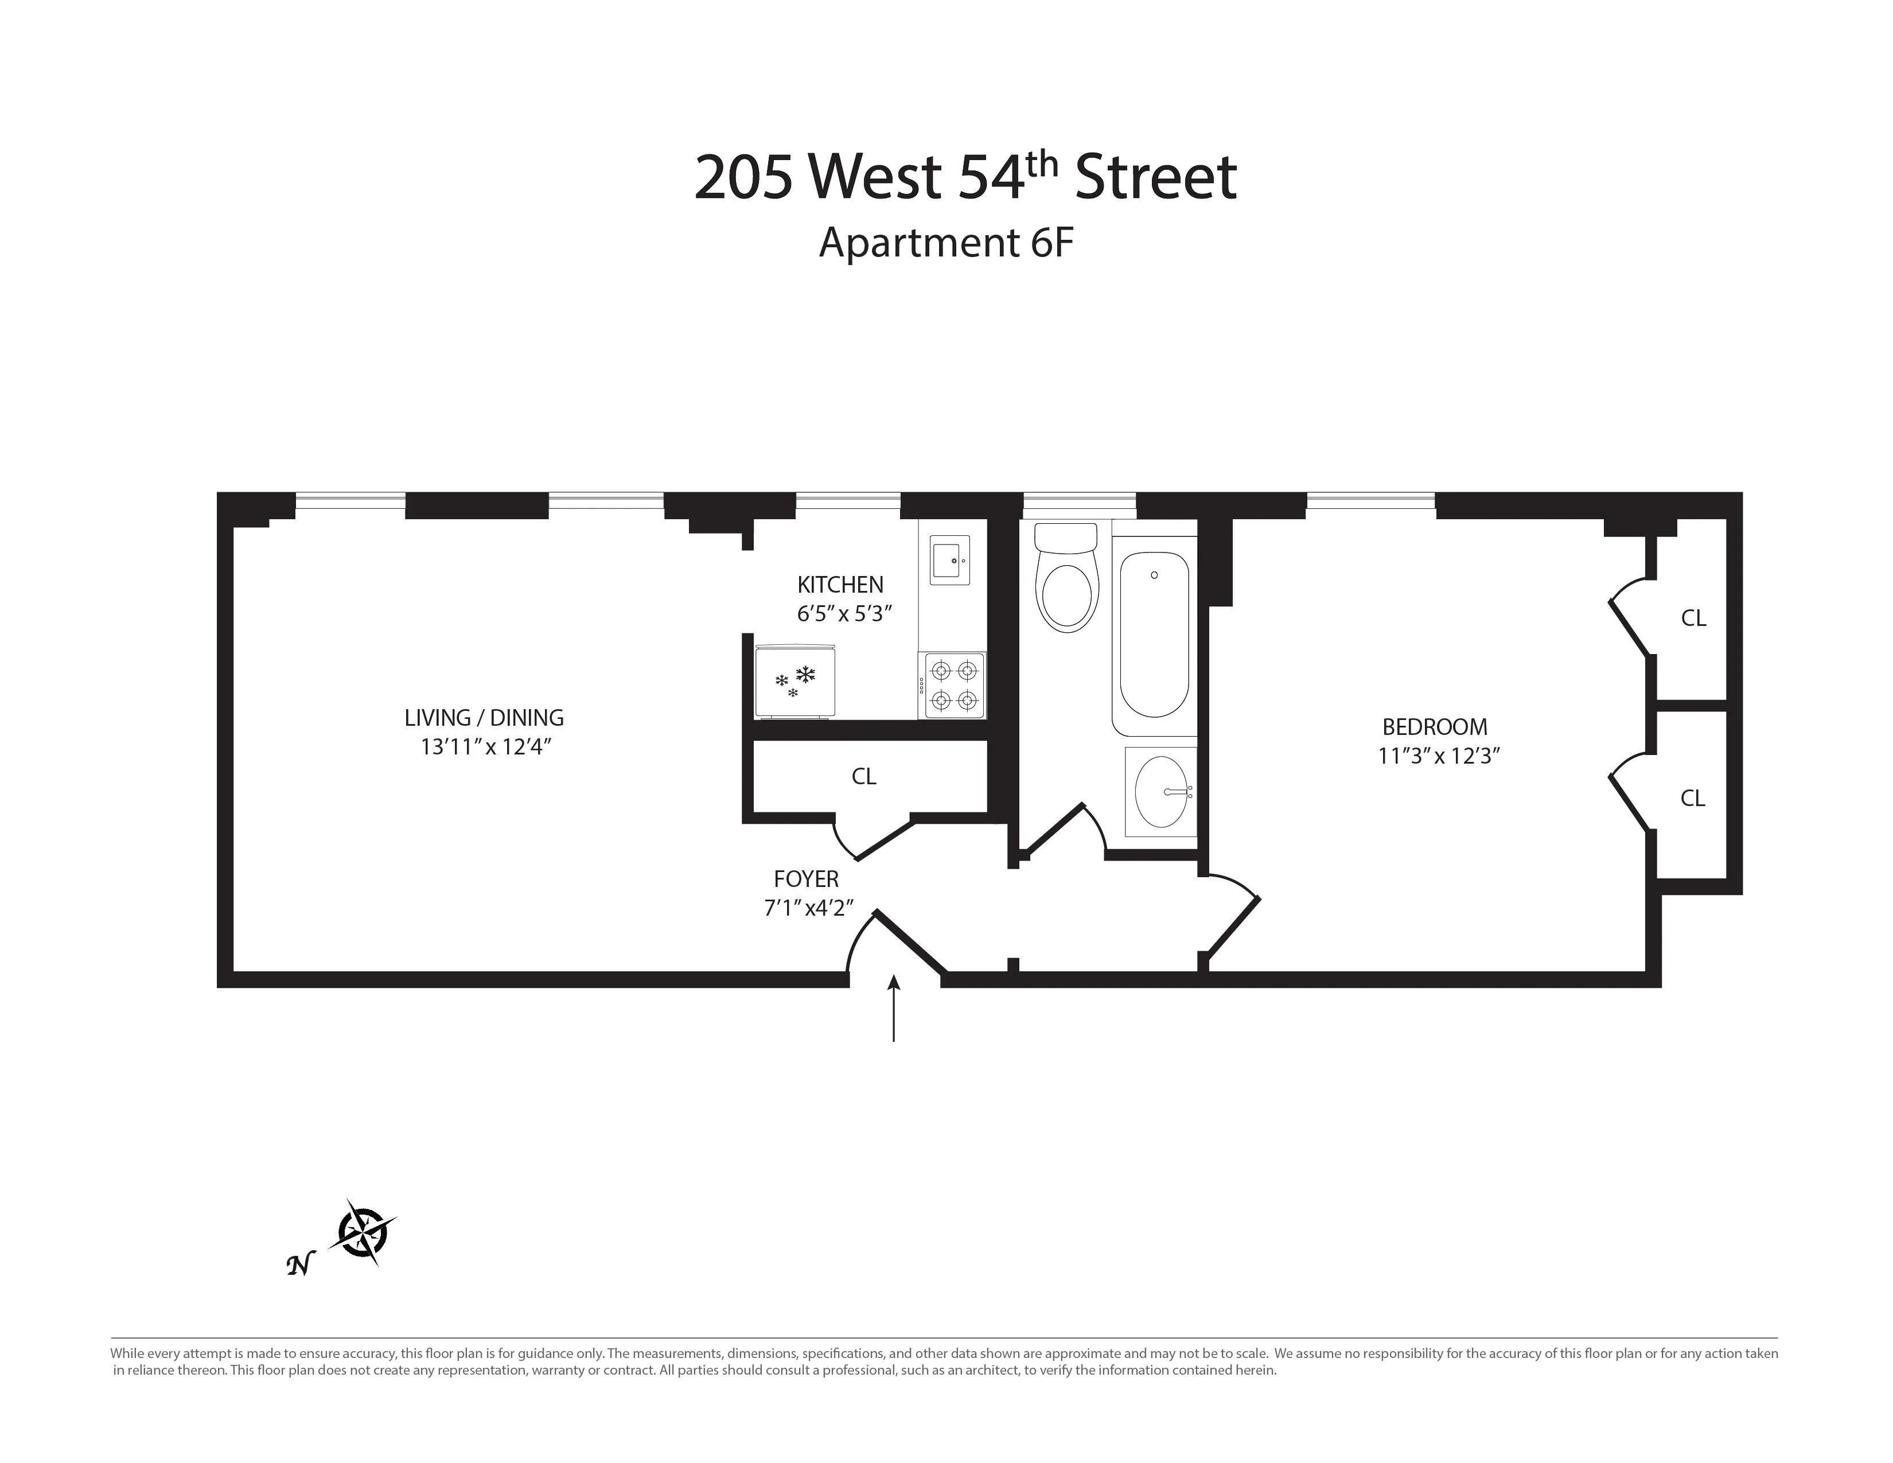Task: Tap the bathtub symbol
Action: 1154,635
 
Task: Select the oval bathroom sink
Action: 1162,792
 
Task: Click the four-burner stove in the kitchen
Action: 953,684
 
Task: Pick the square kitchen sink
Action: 949,560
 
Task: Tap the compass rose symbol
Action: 363,1232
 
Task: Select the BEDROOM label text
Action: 1435,726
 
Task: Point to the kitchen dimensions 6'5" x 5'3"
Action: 844,614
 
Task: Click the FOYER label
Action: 806,879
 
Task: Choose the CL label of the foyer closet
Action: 863,777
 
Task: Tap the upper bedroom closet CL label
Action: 1693,618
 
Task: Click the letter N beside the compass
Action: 299,1266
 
